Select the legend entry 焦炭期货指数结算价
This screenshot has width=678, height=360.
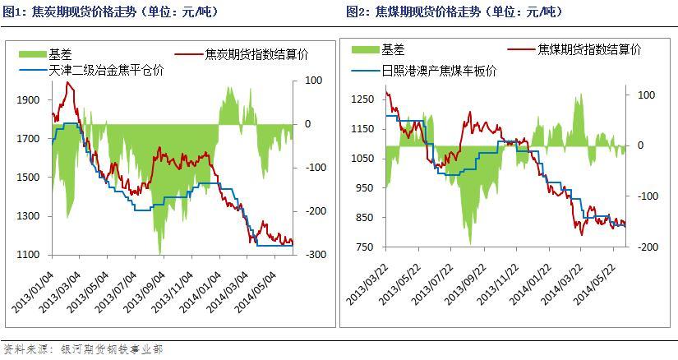(247, 54)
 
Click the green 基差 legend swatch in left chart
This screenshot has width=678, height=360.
(34, 54)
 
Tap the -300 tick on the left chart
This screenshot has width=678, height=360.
(315, 255)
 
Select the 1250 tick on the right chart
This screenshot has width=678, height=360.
(363, 99)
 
